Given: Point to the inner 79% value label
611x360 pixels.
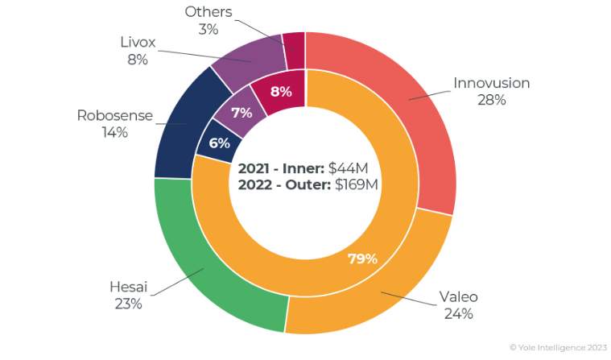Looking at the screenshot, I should click(362, 259).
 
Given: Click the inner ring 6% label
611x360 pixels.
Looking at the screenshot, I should click(219, 143).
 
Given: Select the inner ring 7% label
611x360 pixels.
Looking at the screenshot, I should click(242, 114).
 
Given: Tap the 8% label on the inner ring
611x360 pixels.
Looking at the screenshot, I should click(281, 92).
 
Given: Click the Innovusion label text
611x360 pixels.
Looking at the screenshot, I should click(491, 83).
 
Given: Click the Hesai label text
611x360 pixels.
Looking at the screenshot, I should click(128, 286).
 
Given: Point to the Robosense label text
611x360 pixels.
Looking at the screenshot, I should click(114, 115).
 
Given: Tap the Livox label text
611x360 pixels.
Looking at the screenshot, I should click(137, 42).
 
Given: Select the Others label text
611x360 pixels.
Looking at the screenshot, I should click(208, 11).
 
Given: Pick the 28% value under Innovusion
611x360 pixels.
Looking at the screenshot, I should click(490, 100).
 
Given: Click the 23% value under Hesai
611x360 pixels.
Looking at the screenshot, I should click(128, 304).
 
